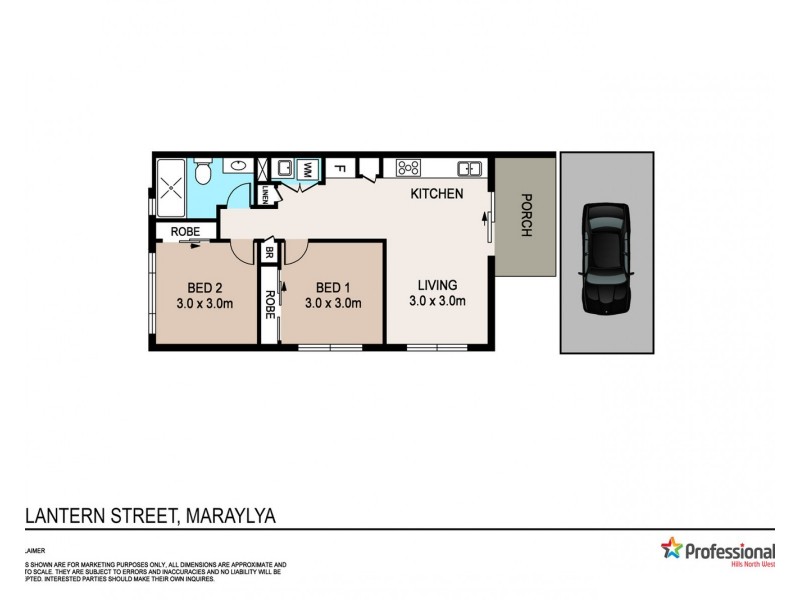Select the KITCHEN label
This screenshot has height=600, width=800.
tap(436, 193)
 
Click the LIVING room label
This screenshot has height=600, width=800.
tap(437, 285)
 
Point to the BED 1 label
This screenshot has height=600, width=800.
tap(331, 285)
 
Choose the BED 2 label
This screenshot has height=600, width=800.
tap(203, 285)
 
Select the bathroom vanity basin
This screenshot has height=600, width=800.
tap(240, 167)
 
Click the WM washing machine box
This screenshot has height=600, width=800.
tap(309, 169)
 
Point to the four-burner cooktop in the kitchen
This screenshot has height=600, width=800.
tap(408, 167)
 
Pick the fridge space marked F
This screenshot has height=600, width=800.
tap(339, 168)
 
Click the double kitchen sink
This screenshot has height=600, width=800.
tap(471, 167)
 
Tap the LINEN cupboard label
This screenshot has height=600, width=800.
tap(265, 196)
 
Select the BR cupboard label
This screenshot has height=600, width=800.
tap(269, 255)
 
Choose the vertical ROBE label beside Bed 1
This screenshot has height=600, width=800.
tap(269, 303)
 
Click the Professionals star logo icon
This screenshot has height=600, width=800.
tap(671, 548)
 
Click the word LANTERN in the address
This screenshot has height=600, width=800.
tap(62, 515)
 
